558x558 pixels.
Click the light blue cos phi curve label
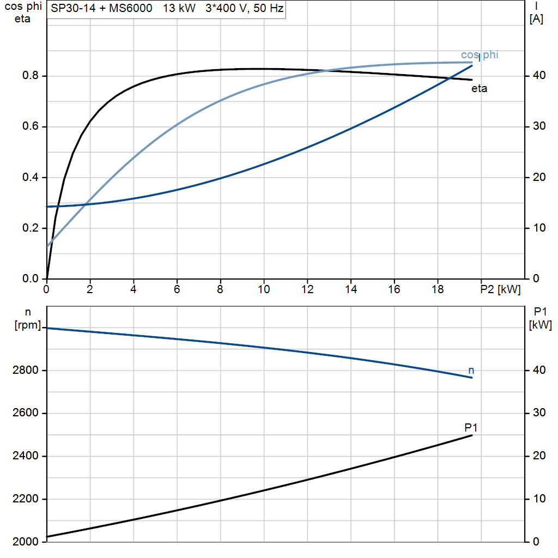click(x=480, y=54)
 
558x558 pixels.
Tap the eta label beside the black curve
click(x=479, y=89)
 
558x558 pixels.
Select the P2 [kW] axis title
click(x=501, y=290)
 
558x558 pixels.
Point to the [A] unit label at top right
click(x=536, y=19)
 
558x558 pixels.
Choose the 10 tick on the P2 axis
click(x=264, y=290)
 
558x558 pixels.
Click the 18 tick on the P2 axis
click(x=438, y=290)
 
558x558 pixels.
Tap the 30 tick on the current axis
click(x=537, y=126)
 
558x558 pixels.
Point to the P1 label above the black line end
click(x=471, y=427)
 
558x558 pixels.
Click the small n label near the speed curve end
click(x=471, y=371)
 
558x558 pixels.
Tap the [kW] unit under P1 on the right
click(x=540, y=326)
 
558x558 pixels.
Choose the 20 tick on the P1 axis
click(x=537, y=456)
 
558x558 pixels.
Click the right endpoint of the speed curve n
click(x=472, y=378)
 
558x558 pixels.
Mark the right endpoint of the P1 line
click(x=472, y=435)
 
